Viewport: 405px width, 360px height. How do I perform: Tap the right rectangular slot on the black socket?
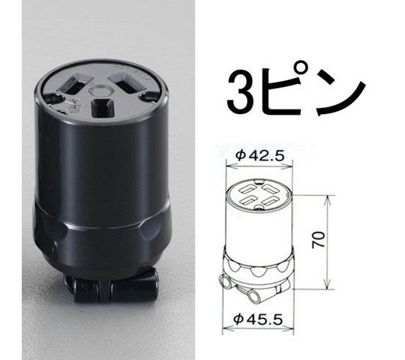pyautogui.click(x=122, y=76)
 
